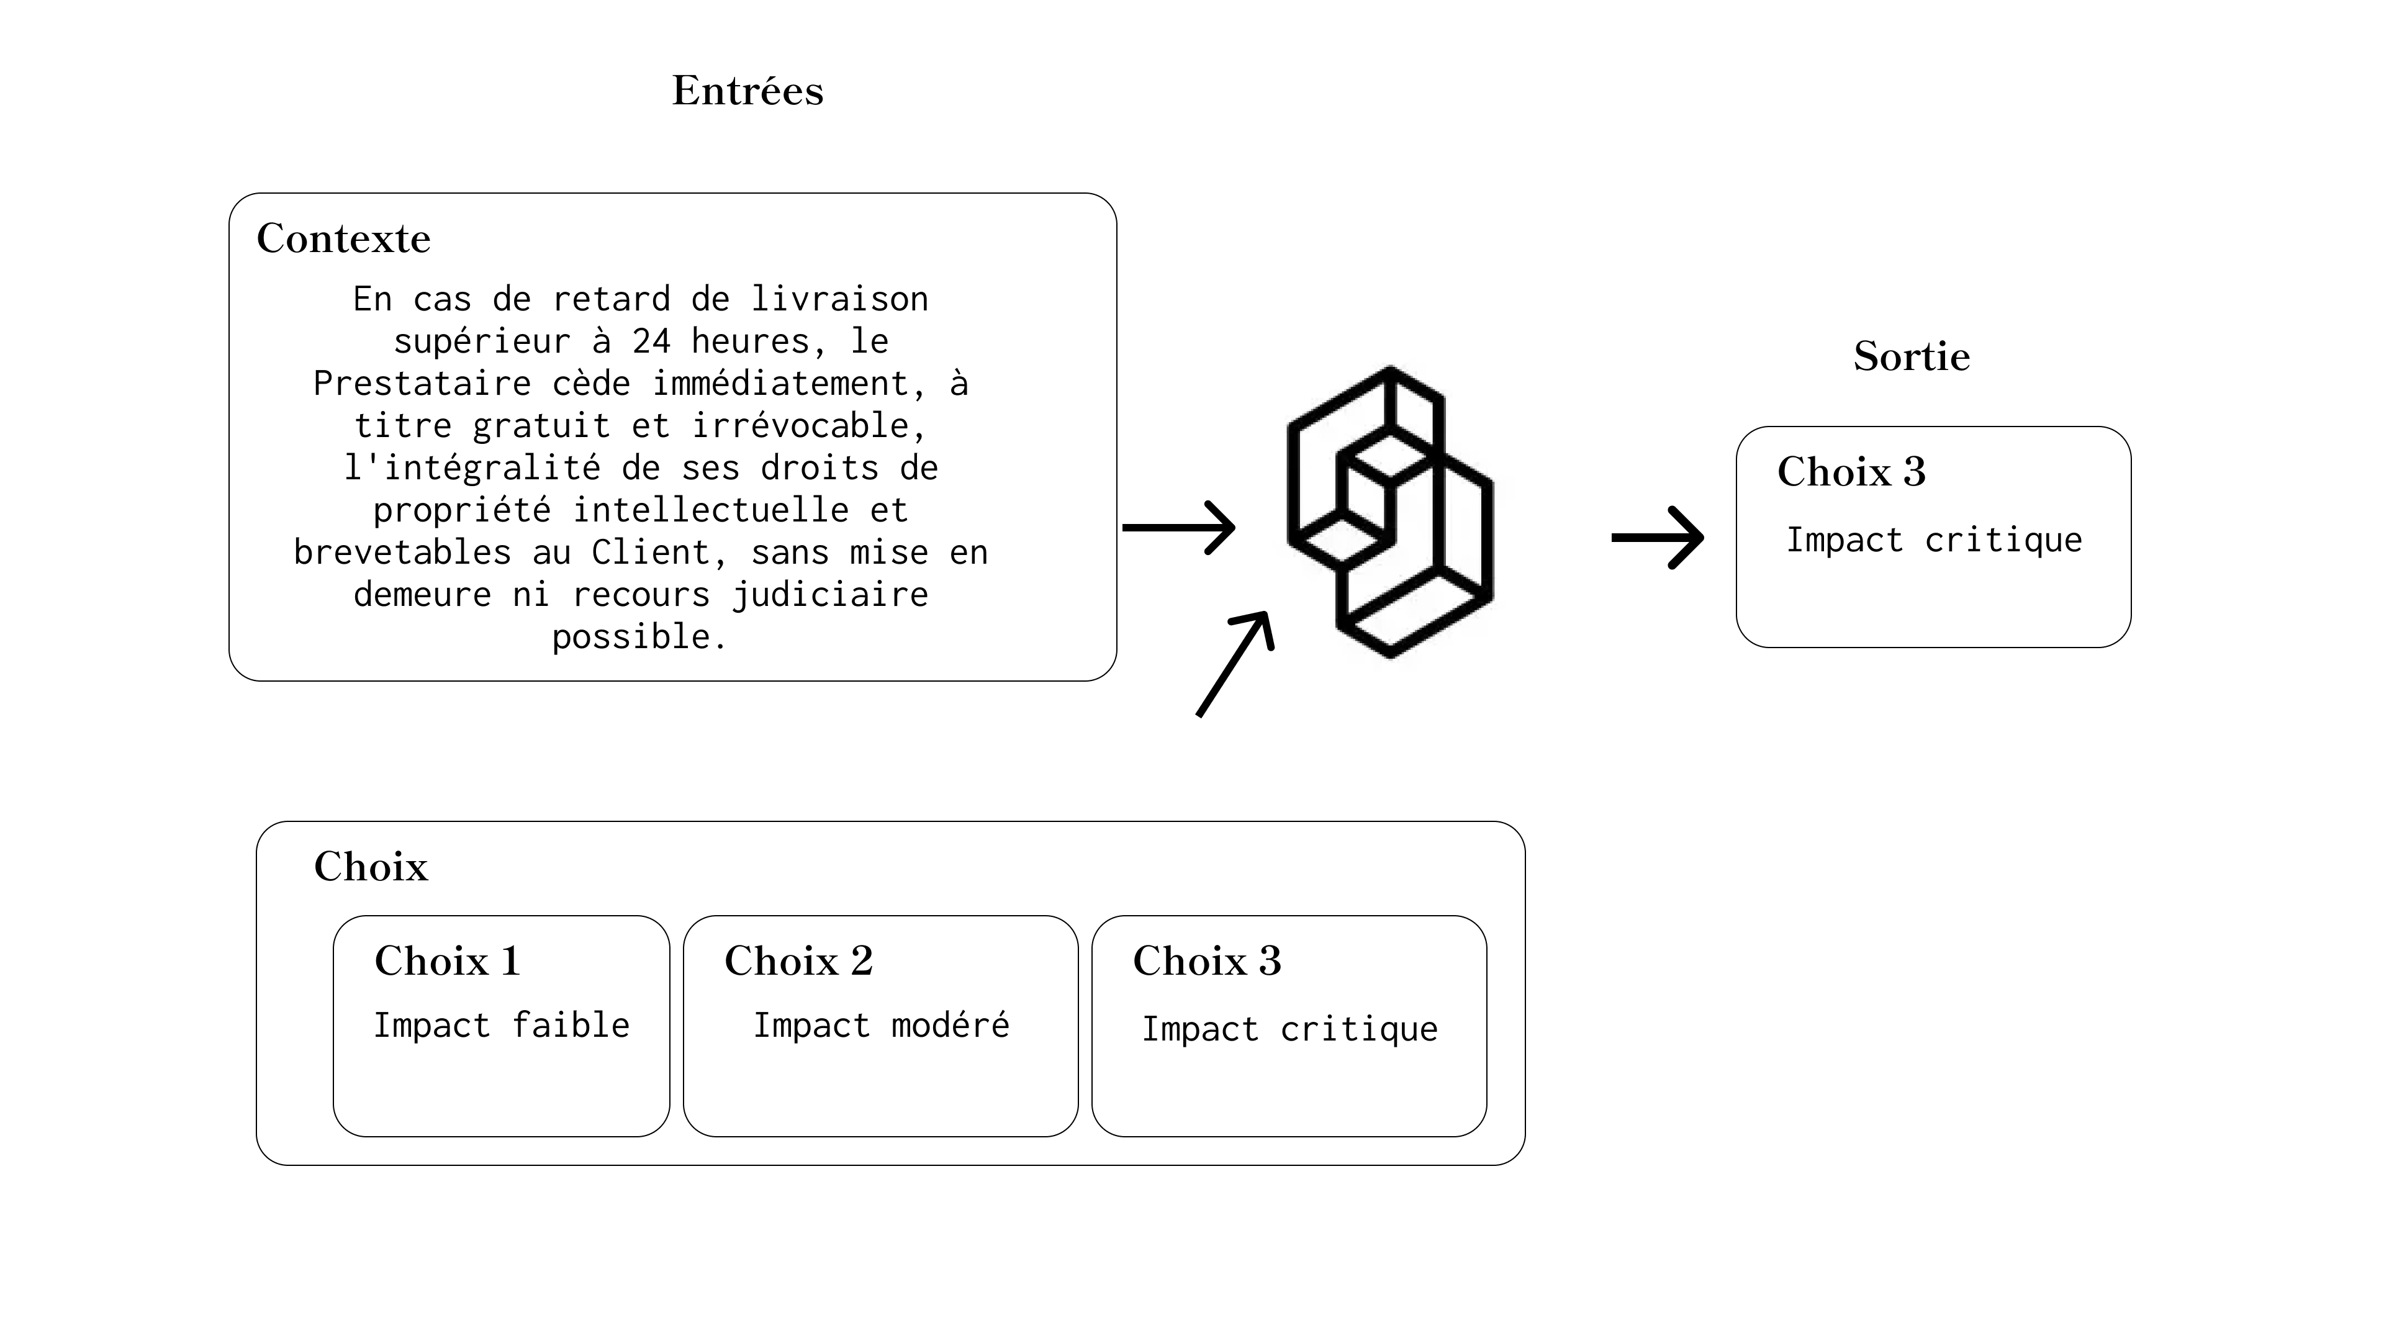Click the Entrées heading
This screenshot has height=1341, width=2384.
(x=747, y=91)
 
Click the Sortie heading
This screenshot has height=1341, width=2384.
(x=1912, y=356)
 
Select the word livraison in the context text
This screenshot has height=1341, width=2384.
(x=839, y=299)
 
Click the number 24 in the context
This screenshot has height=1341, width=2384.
(x=651, y=341)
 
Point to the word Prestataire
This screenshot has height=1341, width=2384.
(x=422, y=383)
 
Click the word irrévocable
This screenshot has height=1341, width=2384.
(x=809, y=426)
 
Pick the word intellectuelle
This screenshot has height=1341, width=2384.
(x=711, y=510)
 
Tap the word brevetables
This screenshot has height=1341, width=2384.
(x=402, y=553)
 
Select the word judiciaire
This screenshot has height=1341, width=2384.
(x=830, y=595)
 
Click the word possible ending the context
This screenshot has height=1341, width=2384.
(x=639, y=638)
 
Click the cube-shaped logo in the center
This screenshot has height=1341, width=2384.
(x=1390, y=512)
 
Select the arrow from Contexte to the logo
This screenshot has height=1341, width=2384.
(x=1179, y=528)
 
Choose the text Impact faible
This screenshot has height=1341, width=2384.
(x=502, y=1026)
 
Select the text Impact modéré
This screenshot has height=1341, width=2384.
(x=881, y=1026)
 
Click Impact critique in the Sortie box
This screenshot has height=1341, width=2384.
(x=1935, y=541)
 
